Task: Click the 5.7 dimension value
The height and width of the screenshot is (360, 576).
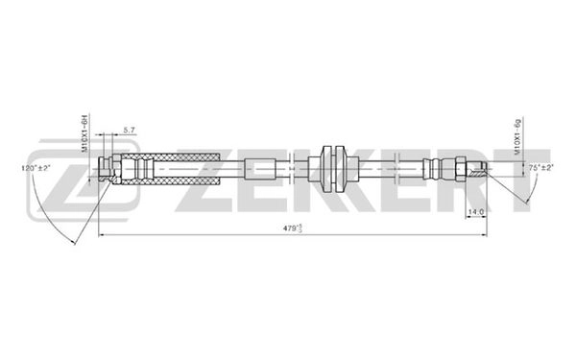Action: click(x=130, y=130)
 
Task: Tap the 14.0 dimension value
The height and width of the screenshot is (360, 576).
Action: click(x=474, y=211)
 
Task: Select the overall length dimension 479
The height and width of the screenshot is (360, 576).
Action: click(x=288, y=229)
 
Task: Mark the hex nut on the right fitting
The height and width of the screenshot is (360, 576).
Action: click(x=460, y=169)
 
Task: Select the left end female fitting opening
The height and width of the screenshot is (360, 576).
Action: click(x=103, y=170)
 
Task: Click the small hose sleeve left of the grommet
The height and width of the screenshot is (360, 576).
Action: click(x=265, y=169)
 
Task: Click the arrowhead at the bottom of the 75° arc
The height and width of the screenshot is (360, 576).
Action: click(x=523, y=204)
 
